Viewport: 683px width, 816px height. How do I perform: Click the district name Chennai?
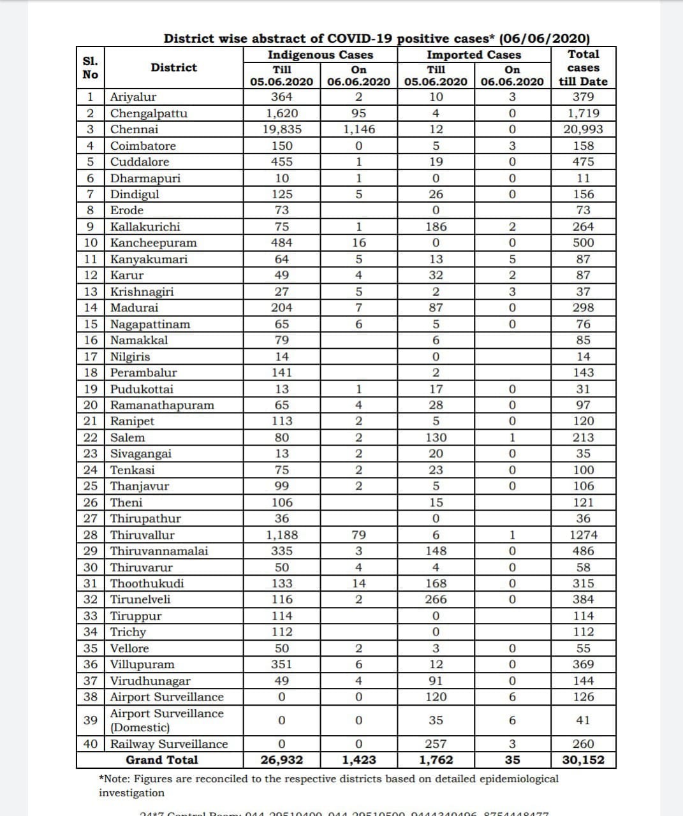tap(134, 129)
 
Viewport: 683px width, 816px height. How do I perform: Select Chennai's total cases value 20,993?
tap(583, 129)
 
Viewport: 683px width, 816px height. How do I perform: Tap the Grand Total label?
tap(161, 760)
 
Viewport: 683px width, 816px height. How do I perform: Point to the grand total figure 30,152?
tap(583, 760)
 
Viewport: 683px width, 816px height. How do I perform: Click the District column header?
tap(173, 68)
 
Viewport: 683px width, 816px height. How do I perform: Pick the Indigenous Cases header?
tap(320, 55)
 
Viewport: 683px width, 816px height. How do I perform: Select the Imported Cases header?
tap(473, 55)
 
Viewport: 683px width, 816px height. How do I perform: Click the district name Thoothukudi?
tap(147, 583)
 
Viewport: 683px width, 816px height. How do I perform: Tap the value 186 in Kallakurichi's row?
tap(436, 227)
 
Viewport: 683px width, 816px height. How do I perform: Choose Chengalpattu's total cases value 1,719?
tap(583, 113)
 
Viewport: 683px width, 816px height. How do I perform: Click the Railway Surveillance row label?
tap(169, 744)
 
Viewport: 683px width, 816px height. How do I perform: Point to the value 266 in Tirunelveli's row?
tap(436, 599)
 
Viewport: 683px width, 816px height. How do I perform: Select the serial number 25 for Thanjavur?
tap(91, 486)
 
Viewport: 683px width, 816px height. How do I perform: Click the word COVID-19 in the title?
tap(360, 38)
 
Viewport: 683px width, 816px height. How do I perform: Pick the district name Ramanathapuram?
tap(162, 405)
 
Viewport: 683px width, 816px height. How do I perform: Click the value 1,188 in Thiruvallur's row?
tap(281, 535)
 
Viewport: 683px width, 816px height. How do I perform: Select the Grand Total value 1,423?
tap(358, 760)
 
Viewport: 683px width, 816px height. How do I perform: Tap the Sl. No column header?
tap(91, 68)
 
